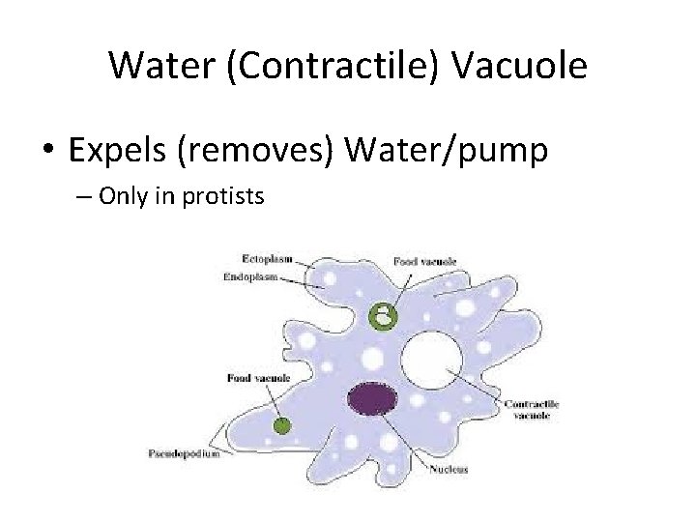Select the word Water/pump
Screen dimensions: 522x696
point(446,151)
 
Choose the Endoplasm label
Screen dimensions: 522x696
point(250,276)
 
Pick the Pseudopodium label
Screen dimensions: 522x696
point(184,453)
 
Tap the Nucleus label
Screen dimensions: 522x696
point(449,470)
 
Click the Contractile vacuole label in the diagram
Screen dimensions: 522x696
point(532,409)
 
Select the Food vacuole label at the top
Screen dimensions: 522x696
point(424,261)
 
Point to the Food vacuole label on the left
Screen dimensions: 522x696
point(259,377)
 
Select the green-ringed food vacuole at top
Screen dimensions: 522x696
point(384,315)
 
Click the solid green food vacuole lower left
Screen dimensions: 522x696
point(282,424)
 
